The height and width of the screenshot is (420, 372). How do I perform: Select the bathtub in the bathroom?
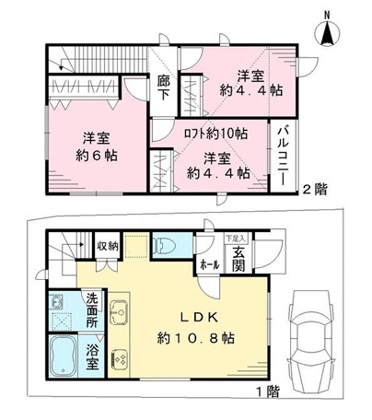click(x=63, y=356)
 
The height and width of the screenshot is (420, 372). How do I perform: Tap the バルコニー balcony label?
click(x=283, y=157)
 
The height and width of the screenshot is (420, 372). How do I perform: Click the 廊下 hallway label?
click(x=163, y=87)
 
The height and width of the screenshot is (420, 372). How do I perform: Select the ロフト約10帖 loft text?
click(x=215, y=134)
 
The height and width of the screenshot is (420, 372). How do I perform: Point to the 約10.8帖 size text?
click(x=196, y=338)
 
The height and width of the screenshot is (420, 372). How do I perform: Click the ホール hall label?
click(x=209, y=264)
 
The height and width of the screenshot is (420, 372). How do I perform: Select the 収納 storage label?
click(x=108, y=246)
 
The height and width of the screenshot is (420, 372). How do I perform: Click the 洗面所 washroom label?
click(x=92, y=310)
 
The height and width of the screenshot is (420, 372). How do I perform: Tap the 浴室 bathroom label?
click(x=92, y=356)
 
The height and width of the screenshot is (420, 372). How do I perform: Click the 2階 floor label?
click(x=315, y=189)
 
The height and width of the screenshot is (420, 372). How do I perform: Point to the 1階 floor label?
click(x=268, y=391)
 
